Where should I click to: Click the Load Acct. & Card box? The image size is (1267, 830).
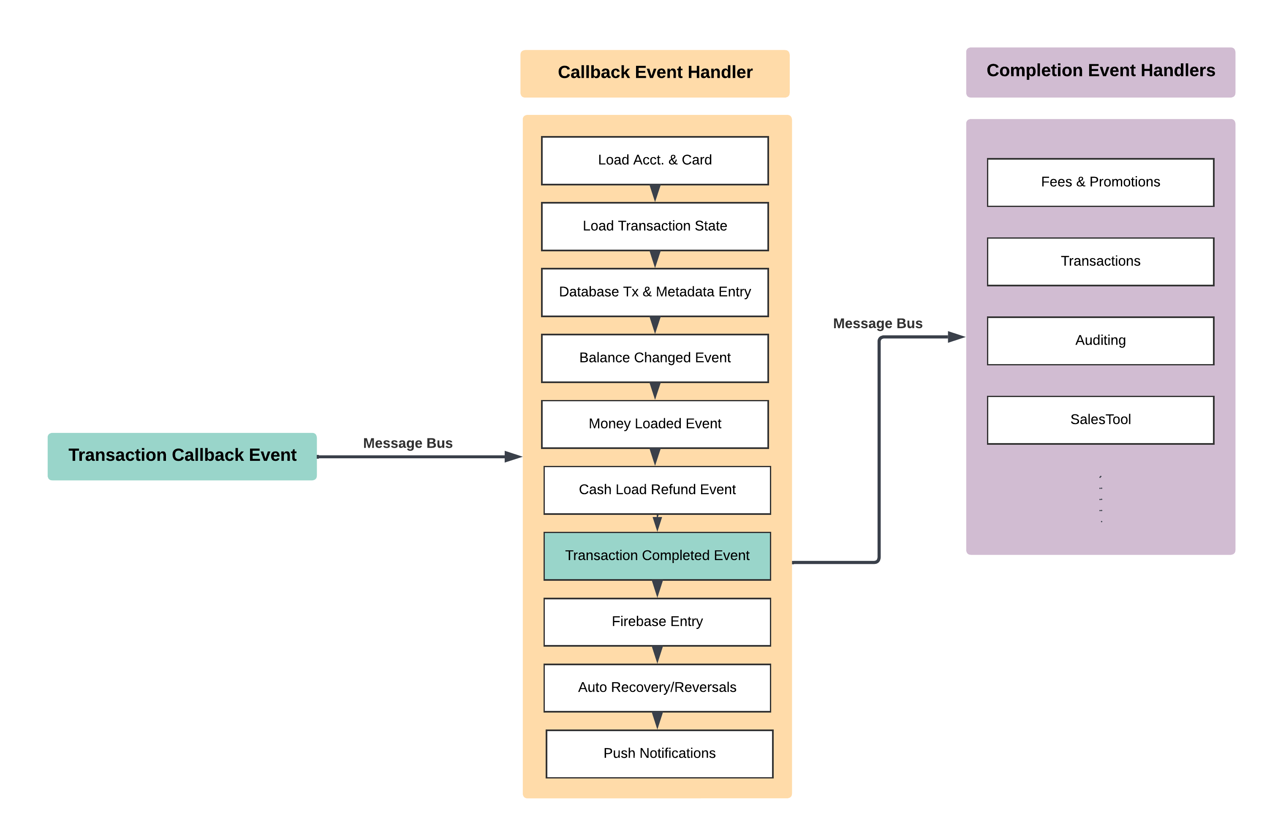pos(654,160)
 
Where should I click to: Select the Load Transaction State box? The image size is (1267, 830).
pos(654,226)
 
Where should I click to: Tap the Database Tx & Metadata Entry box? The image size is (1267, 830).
pos(654,292)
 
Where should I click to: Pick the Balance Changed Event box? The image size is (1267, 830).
pos(654,358)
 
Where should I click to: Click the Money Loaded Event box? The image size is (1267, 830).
pos(654,425)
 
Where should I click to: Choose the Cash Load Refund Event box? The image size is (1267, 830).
pos(656,490)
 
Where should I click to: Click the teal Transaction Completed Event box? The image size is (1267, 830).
pos(656,556)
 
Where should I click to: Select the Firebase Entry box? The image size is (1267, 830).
pos(656,622)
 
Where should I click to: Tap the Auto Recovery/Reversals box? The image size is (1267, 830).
pos(656,688)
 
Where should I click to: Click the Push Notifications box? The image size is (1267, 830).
pos(659,754)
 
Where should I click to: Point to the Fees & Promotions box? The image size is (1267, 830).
pos(1100,182)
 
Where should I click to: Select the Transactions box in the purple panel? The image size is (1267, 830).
pos(1100,261)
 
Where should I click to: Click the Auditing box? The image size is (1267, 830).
pos(1100,341)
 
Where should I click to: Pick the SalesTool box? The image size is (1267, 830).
pos(1100,420)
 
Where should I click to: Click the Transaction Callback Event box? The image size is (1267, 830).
pos(182,456)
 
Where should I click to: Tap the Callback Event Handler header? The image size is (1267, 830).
pos(654,73)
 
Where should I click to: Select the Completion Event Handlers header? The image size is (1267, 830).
pos(1100,72)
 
